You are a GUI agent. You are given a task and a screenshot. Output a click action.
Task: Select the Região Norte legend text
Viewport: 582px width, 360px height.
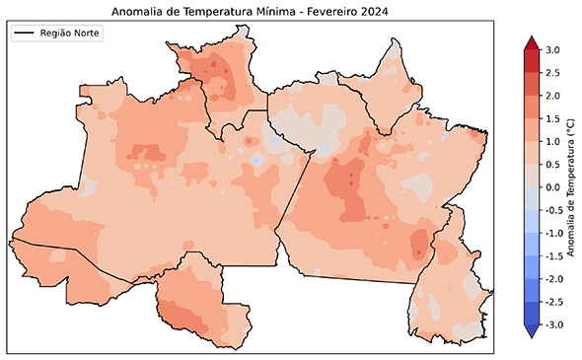[71, 34]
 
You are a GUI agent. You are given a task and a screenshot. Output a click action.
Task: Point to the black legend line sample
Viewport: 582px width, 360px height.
[25, 34]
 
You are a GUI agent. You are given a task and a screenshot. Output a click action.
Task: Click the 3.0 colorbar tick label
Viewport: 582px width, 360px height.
[551, 49]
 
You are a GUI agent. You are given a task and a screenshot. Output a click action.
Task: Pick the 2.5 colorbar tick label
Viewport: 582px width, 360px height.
[551, 72]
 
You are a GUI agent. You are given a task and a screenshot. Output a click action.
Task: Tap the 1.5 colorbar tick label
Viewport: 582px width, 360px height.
[551, 118]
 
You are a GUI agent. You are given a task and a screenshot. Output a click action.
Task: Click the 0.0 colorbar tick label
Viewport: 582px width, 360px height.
[551, 187]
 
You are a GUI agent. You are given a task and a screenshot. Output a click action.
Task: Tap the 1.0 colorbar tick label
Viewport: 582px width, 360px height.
[551, 141]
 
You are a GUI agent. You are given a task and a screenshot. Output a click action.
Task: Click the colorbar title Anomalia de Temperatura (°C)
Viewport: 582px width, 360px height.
[571, 187]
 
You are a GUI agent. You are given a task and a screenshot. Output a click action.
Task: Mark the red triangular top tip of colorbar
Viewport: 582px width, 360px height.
[530, 42]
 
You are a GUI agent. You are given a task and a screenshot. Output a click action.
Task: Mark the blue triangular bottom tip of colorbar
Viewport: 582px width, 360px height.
[530, 332]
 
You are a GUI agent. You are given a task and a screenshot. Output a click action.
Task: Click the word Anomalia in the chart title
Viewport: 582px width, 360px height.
[138, 12]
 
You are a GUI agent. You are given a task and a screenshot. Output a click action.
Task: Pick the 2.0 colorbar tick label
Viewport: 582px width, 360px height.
[551, 96]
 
